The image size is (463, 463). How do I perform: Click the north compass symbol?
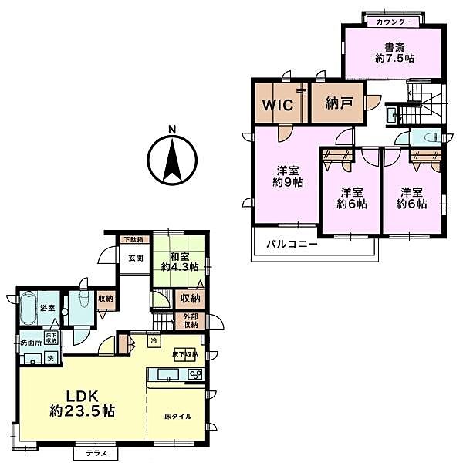click(x=172, y=157)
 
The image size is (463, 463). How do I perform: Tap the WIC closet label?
click(x=278, y=105)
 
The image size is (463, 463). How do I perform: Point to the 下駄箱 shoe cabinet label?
click(x=133, y=240)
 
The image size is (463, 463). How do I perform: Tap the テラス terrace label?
click(x=96, y=452)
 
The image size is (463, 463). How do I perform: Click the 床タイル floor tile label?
click(x=178, y=417)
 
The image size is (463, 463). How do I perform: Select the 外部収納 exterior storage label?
click(x=190, y=321)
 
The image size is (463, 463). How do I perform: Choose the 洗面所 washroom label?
click(x=30, y=342)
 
